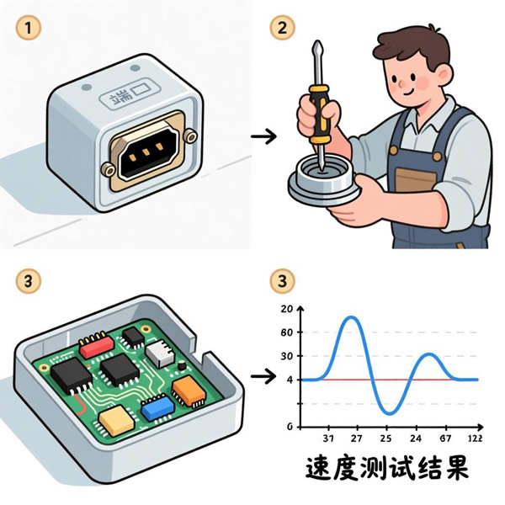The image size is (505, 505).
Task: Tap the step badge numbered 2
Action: coord(282,28)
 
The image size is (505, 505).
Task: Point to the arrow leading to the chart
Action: coord(266,377)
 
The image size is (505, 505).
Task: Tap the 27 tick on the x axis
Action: coord(356,439)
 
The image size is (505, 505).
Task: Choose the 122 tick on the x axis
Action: coord(474,439)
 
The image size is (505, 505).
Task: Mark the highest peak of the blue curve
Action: coord(351,317)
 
